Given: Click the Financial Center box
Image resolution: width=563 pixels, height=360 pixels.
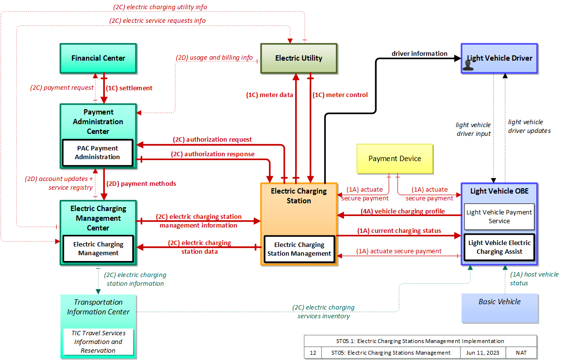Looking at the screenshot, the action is pyautogui.click(x=98, y=59).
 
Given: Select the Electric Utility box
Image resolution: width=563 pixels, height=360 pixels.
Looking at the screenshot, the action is pyautogui.click(x=299, y=59).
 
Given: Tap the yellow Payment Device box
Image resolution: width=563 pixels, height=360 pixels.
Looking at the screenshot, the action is pyautogui.click(x=395, y=159).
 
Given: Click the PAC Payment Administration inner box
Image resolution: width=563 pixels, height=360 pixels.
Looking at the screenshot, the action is pyautogui.click(x=98, y=153).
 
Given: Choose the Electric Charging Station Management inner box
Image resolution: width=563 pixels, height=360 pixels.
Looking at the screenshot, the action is pyautogui.click(x=299, y=249).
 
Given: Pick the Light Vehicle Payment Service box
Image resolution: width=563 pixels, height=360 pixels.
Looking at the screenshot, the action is pyautogui.click(x=499, y=217).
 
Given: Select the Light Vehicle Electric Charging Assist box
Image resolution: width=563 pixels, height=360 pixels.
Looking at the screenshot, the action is pyautogui.click(x=499, y=247).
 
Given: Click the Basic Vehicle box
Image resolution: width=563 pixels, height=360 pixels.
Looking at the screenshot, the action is pyautogui.click(x=499, y=308).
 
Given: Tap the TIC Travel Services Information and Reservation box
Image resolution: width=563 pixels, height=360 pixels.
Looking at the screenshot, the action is pyautogui.click(x=98, y=342).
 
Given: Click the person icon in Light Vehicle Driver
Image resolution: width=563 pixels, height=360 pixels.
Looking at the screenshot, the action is pyautogui.click(x=468, y=65).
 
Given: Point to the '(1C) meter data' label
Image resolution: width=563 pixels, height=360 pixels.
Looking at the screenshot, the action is pyautogui.click(x=269, y=95).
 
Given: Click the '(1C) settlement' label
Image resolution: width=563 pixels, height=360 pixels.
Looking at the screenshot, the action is pyautogui.click(x=129, y=88).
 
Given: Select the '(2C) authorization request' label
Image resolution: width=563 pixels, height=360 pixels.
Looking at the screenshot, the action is pyautogui.click(x=212, y=140).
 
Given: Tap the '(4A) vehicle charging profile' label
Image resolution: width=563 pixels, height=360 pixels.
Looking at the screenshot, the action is pyautogui.click(x=402, y=212).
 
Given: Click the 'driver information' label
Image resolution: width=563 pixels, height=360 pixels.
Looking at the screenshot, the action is pyautogui.click(x=419, y=53).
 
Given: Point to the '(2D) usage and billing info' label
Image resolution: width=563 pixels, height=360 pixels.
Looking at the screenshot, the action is pyautogui.click(x=214, y=57).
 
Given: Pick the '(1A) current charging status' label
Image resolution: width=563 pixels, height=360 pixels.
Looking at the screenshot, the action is pyautogui.click(x=399, y=231).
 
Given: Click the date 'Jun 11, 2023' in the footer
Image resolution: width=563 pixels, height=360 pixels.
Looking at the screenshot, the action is pyautogui.click(x=482, y=353).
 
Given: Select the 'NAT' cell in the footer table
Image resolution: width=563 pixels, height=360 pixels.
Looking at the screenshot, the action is pyautogui.click(x=521, y=353).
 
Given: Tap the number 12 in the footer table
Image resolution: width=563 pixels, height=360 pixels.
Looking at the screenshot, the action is pyautogui.click(x=313, y=353).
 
